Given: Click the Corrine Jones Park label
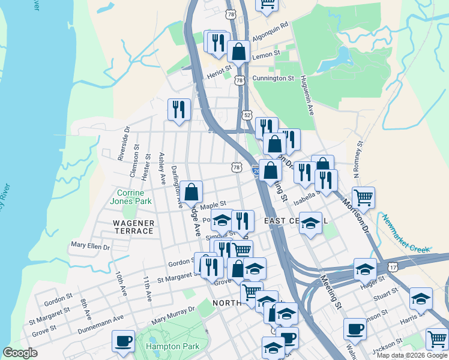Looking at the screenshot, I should coord(127,197).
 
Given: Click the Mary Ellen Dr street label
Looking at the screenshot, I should coord(90,245).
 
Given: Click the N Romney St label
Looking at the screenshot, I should coord(358,160).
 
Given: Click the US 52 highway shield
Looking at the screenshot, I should coord(247,115).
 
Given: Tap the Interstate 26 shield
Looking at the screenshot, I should coord(256,170).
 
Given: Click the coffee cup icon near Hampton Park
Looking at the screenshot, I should coord(124,341).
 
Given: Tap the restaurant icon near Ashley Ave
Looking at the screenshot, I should coord(179,109).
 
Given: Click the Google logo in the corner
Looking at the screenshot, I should coord(20,353).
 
